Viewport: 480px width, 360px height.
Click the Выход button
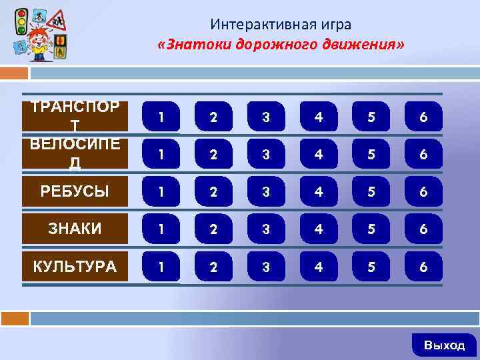pos(445,345)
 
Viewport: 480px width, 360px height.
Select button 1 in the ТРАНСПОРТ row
pos(161,117)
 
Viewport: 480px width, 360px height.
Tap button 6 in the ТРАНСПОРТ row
pos(423,117)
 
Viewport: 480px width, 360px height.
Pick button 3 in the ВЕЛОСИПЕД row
pos(265,155)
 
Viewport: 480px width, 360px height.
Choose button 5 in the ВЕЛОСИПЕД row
pos(371,155)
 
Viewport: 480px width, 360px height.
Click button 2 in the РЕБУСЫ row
pos(213,192)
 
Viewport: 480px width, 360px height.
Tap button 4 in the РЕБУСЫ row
pos(318,192)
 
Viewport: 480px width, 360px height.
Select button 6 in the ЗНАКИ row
pos(423,229)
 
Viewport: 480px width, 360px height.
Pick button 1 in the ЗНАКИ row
pos(161,229)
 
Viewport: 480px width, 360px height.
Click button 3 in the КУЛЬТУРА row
pos(265,267)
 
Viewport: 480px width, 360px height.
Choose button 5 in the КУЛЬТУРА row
pos(371,267)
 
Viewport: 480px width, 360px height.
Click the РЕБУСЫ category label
pos(75,192)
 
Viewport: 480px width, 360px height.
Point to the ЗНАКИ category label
pos(75,229)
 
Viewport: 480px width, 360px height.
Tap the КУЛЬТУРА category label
pos(75,267)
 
